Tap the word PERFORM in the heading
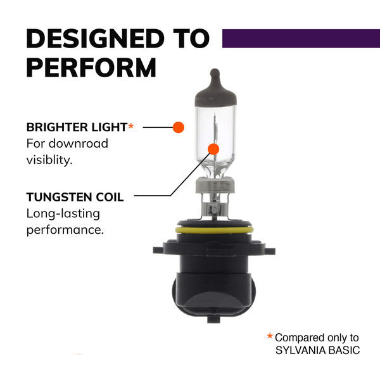[x=91, y=67]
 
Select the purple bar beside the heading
[x=301, y=39]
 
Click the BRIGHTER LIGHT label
[x=77, y=127]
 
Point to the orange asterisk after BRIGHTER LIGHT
[x=131, y=126]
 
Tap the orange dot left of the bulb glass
[x=179, y=127]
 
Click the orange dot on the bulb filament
[x=213, y=149]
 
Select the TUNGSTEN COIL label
[x=75, y=197]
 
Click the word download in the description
[x=79, y=144]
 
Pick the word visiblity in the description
[x=49, y=160]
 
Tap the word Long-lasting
[x=63, y=214]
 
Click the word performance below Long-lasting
[x=65, y=230]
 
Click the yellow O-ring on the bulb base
[x=215, y=230]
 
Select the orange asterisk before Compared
[x=270, y=336]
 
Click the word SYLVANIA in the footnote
[x=300, y=350]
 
